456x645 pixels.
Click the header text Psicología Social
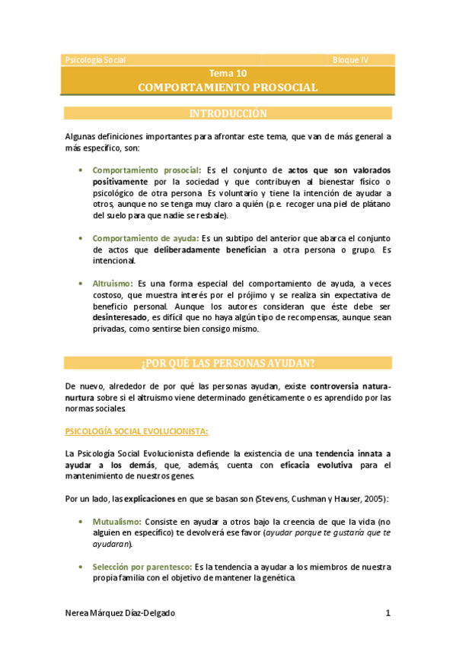coord(96,59)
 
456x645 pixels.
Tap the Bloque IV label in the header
coord(350,59)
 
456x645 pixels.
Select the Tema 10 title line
coord(228,74)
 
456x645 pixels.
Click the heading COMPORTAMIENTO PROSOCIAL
coord(228,87)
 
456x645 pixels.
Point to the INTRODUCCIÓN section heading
coord(228,114)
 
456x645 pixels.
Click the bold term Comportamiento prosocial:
coord(147,170)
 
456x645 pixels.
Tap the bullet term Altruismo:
coord(114,283)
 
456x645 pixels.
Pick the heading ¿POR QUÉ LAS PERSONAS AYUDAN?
coord(228,362)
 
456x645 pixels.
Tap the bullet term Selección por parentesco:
coord(142,567)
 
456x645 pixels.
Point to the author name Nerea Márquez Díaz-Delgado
coord(126,613)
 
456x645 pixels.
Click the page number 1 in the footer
coord(387,613)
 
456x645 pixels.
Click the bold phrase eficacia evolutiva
coord(313,465)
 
